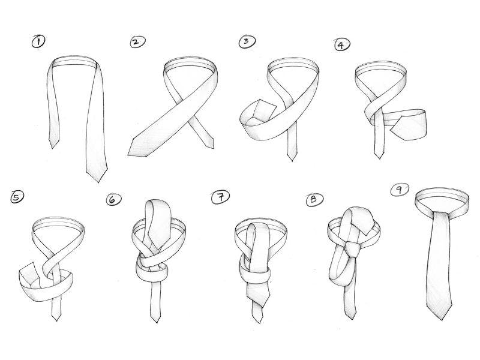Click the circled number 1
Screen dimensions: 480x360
click(38, 41)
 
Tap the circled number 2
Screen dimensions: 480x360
click(138, 42)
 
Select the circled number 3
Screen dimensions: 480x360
click(247, 41)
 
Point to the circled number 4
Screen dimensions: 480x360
click(342, 45)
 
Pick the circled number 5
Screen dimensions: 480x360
click(17, 197)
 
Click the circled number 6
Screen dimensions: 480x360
click(113, 199)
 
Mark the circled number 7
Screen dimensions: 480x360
click(220, 197)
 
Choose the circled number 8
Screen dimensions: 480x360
click(314, 200)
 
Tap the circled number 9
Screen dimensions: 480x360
click(400, 190)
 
